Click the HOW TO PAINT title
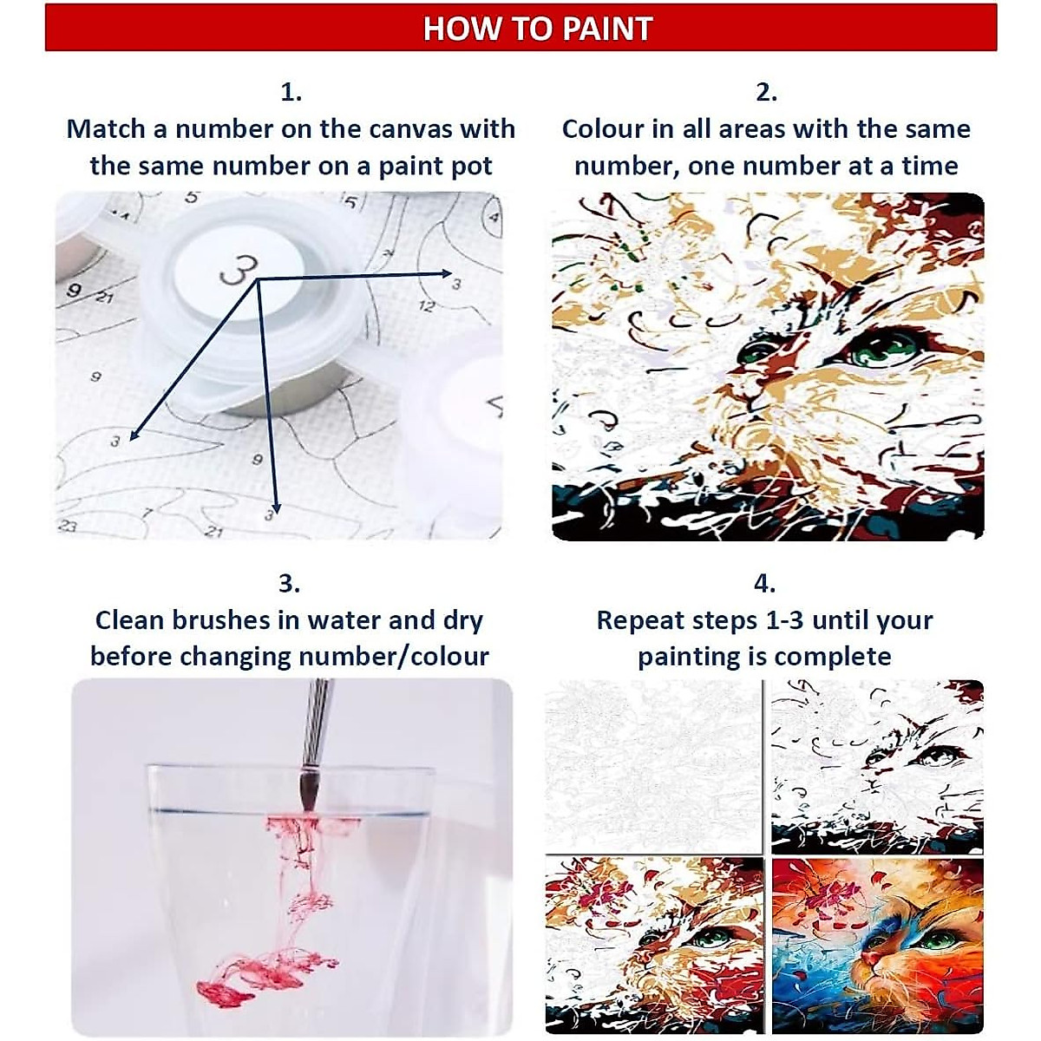(537, 29)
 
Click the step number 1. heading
(291, 91)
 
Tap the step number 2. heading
(766, 91)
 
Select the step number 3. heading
(289, 583)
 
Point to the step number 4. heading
(764, 583)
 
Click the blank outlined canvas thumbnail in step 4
(652, 763)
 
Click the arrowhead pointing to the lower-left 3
(131, 435)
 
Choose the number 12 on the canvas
(427, 305)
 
